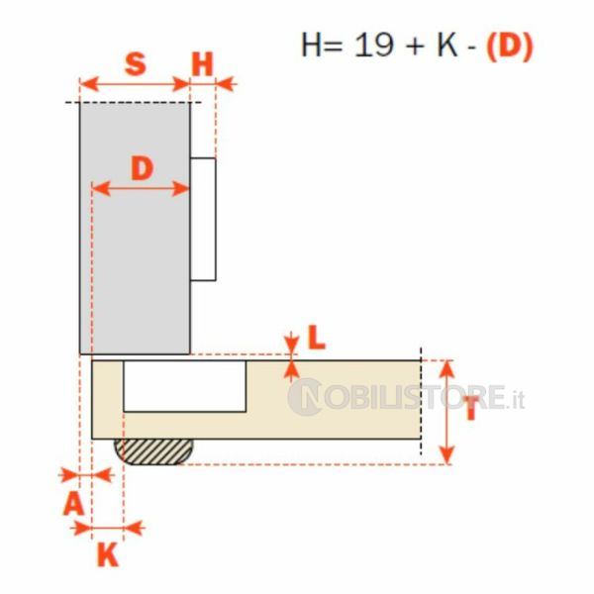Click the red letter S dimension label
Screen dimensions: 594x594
click(x=136, y=63)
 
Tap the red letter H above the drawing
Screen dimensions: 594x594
click(x=203, y=64)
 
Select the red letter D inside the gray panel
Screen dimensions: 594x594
click(x=142, y=168)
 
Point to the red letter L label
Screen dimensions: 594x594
click(x=317, y=338)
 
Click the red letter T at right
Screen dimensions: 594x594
click(x=471, y=409)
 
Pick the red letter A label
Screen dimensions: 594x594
click(x=73, y=504)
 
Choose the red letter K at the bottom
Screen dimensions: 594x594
click(x=108, y=554)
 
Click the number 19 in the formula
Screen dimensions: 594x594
click(x=373, y=46)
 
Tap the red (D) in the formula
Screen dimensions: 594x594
click(x=510, y=47)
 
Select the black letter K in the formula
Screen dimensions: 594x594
click(x=447, y=46)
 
